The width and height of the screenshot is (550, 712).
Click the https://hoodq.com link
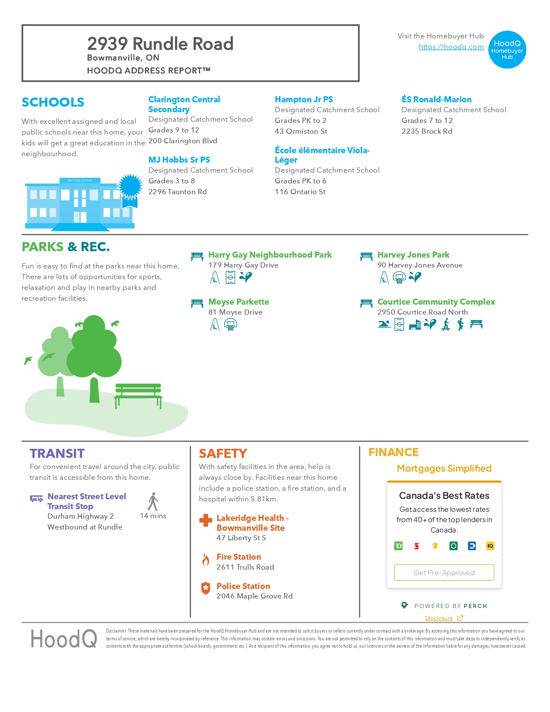click(451, 47)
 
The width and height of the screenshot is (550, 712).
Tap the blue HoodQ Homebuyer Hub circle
click(507, 50)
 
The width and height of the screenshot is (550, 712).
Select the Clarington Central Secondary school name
click(184, 104)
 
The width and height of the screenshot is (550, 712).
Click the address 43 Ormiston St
click(301, 131)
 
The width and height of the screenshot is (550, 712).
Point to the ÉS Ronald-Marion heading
click(436, 99)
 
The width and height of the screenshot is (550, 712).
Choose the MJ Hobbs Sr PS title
click(179, 160)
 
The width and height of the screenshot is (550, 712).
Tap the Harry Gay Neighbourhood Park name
click(270, 255)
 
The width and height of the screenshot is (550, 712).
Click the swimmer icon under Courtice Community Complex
click(384, 324)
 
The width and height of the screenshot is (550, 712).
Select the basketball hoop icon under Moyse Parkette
click(231, 324)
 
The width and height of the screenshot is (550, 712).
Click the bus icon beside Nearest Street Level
click(36, 498)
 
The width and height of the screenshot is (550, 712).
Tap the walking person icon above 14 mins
click(153, 502)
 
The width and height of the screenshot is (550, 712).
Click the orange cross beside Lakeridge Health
click(206, 520)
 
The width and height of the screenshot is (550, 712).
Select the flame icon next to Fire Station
click(206, 560)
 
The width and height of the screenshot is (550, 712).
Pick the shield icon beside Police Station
click(206, 588)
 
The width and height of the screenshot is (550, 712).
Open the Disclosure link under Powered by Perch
click(439, 618)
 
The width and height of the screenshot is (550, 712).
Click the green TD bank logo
click(399, 546)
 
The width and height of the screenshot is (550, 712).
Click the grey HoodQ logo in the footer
click(64, 639)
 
